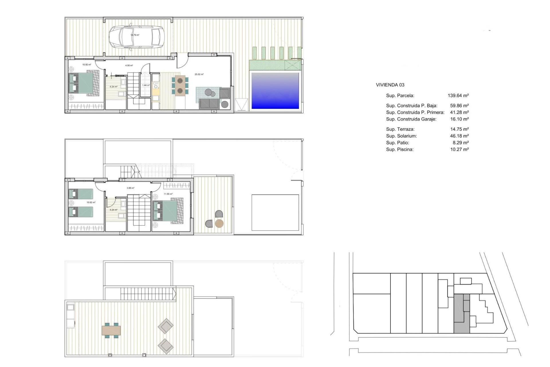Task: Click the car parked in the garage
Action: pyautogui.click(x=136, y=37)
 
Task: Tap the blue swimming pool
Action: pyautogui.click(x=275, y=91)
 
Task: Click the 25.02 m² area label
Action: pyautogui.click(x=199, y=74)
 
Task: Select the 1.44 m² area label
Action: pyautogui.click(x=146, y=85)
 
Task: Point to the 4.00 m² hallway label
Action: pyautogui.click(x=129, y=66)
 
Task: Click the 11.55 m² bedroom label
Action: pyautogui.click(x=168, y=194)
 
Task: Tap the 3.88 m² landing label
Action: pyautogui.click(x=130, y=188)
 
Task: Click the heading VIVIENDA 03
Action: pyautogui.click(x=390, y=85)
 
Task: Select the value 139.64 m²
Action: pyautogui.click(x=458, y=95)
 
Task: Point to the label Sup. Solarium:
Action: pyautogui.click(x=401, y=136)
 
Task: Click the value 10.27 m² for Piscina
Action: pyautogui.click(x=459, y=149)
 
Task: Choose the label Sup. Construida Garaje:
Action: pyautogui.click(x=411, y=119)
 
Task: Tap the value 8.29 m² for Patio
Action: pyautogui.click(x=460, y=142)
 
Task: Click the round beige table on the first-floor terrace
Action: pyautogui.click(x=219, y=223)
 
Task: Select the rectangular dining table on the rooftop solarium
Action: pyautogui.click(x=111, y=330)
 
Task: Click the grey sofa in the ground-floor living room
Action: pyautogui.click(x=209, y=104)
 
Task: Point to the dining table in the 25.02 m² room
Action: pyautogui.click(x=180, y=85)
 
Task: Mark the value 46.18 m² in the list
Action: pyautogui.click(x=459, y=136)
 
